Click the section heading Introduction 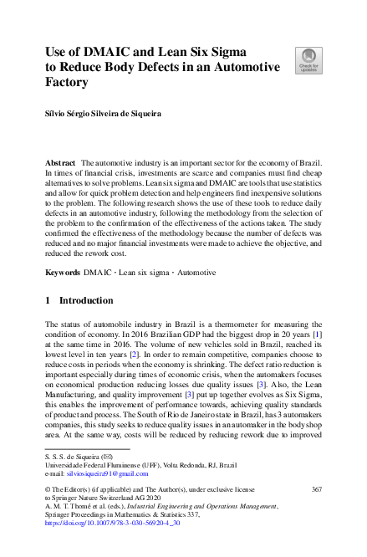coord(86,300)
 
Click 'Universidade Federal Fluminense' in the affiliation coord(89,464)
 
